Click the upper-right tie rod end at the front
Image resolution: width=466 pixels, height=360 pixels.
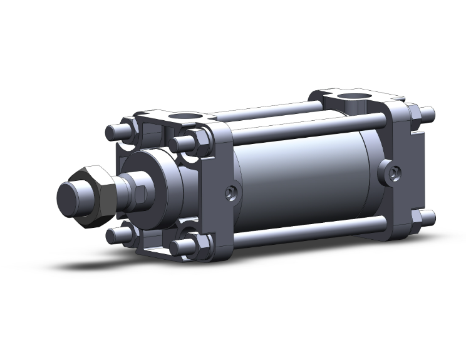pos(177,143)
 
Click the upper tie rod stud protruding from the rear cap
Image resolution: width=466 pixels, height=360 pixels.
pos(429,115)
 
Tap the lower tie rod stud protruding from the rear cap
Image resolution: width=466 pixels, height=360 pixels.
pos(428,217)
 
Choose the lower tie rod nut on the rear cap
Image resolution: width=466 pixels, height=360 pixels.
pos(415,219)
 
